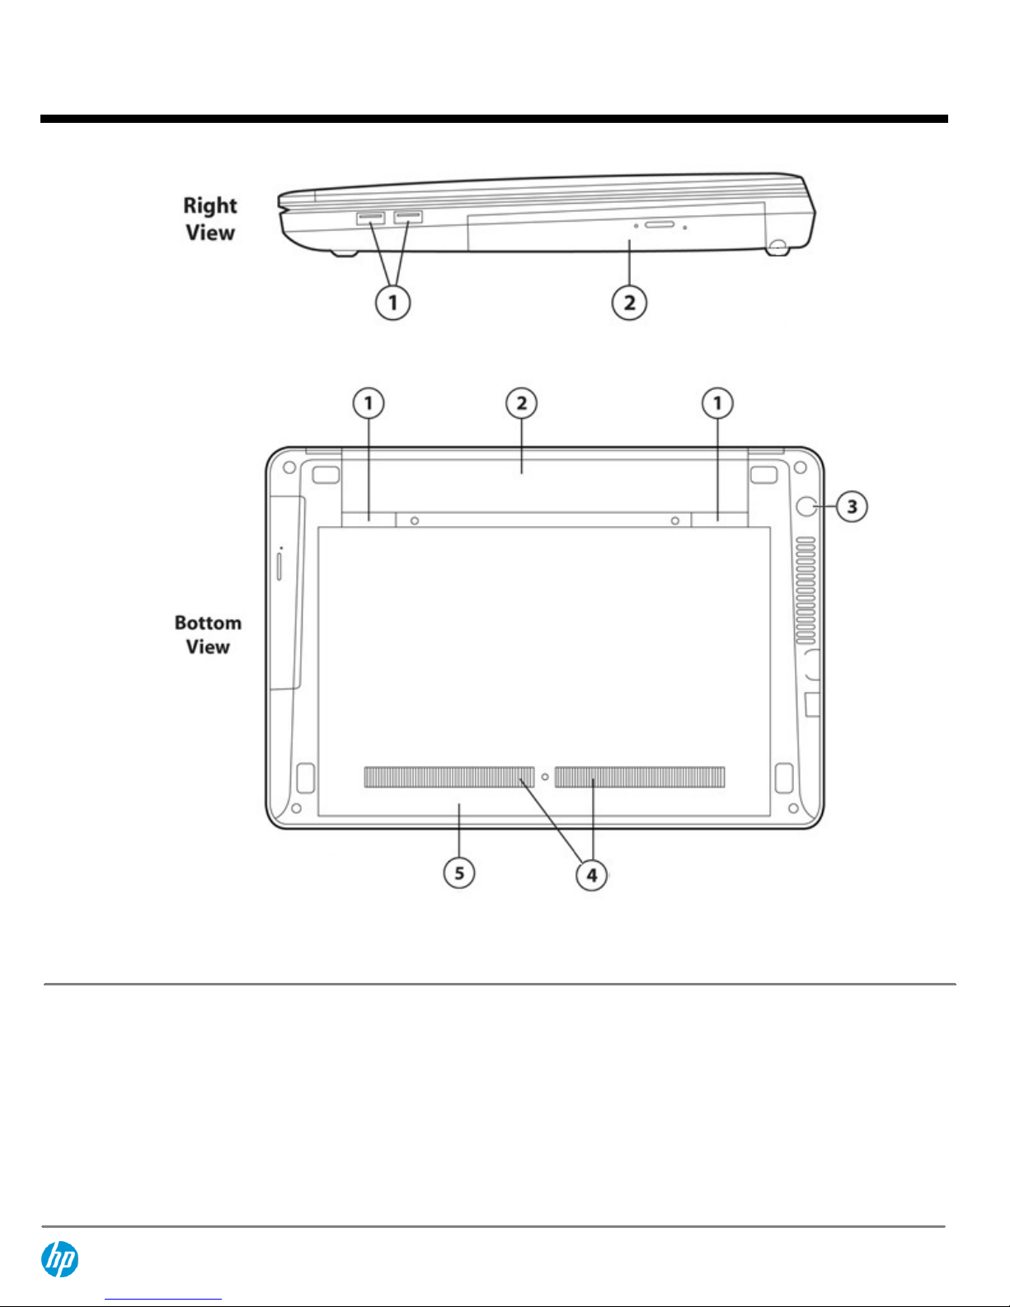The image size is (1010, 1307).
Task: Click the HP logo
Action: coord(59,1259)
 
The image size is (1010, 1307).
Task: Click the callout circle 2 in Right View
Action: coord(629,303)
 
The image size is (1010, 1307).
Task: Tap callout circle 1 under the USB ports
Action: coord(393,303)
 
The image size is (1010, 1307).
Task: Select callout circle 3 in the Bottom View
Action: coord(852,506)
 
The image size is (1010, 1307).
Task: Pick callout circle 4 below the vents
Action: coord(592,875)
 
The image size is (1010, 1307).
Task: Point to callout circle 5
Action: coord(459,872)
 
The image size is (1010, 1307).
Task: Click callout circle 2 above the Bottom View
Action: coord(521,403)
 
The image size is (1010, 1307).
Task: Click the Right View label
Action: coord(210,219)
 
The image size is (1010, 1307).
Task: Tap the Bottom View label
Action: coord(208,635)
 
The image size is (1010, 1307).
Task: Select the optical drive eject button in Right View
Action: coord(660,225)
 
